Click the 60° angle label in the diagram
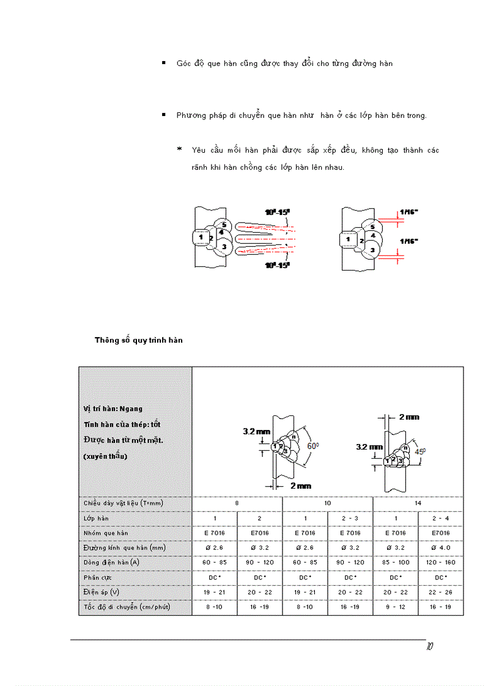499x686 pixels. [x=313, y=447]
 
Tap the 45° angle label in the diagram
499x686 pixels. [x=419, y=453]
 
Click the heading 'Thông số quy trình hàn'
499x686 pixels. [x=139, y=340]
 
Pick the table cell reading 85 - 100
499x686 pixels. [x=395, y=562]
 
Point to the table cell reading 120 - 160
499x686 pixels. [x=440, y=562]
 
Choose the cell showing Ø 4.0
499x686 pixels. [x=440, y=547]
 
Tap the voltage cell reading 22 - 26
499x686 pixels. [x=440, y=592]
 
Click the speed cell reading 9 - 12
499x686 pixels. [x=395, y=607]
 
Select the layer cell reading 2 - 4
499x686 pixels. [x=440, y=518]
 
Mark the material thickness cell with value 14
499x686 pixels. [x=418, y=503]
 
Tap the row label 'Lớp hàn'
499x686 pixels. [x=96, y=518]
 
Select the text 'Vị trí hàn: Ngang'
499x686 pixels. [x=113, y=409]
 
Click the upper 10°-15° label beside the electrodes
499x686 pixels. [x=277, y=212]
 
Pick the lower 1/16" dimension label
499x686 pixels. [x=408, y=241]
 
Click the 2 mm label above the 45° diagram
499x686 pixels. [x=409, y=417]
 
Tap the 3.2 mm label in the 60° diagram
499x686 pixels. [x=256, y=431]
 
